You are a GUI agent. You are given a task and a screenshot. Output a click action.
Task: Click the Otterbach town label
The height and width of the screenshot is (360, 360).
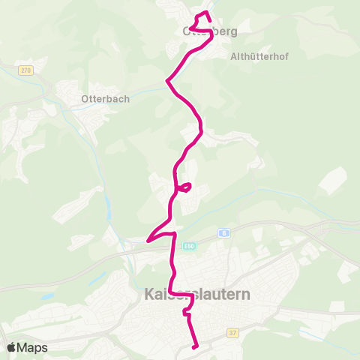(x=106, y=98)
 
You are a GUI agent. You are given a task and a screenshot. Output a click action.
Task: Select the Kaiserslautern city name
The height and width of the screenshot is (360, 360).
(x=196, y=296)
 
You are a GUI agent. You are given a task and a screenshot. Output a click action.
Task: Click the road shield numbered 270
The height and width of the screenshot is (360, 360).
(x=27, y=70)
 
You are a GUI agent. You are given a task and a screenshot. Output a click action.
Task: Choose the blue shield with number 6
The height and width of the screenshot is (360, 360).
(x=223, y=232)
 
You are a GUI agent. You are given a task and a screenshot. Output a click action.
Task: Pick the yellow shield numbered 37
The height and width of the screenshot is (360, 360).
(x=233, y=331)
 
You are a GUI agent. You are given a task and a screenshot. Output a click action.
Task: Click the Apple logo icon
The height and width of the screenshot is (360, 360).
(x=12, y=347)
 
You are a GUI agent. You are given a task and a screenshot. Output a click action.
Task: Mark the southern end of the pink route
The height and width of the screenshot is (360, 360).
(x=195, y=346)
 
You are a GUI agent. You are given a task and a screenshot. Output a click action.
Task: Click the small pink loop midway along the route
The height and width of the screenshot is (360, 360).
(x=186, y=186)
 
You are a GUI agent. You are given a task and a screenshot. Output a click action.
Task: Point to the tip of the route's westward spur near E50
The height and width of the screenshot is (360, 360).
(x=148, y=241)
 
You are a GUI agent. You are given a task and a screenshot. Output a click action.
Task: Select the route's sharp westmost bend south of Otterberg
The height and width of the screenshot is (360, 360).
(x=166, y=79)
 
